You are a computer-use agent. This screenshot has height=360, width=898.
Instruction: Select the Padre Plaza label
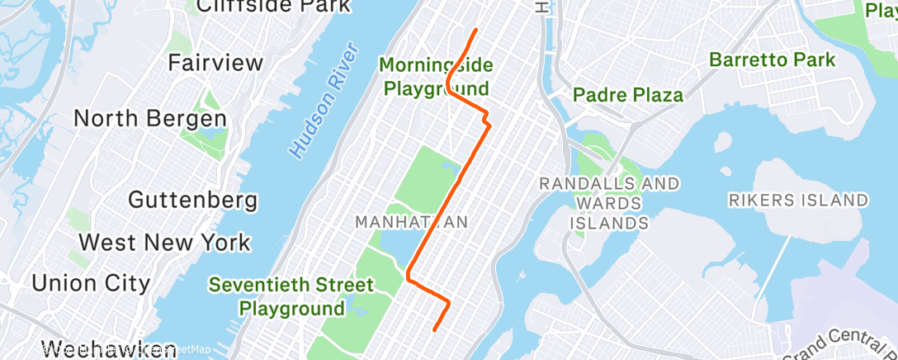pyautogui.click(x=628, y=95)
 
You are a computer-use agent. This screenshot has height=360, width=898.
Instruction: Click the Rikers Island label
pyautogui.click(x=798, y=200)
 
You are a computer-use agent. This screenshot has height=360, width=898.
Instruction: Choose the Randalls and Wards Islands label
pyautogui.click(x=609, y=202)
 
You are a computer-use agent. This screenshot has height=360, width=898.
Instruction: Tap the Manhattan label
pyautogui.click(x=411, y=222)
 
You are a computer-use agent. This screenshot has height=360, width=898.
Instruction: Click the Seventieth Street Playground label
pyautogui.click(x=291, y=296)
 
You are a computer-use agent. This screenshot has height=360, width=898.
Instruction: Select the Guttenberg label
pyautogui.click(x=193, y=201)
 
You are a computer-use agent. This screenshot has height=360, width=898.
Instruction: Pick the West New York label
pyautogui.click(x=164, y=243)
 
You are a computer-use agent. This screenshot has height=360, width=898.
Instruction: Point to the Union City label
pyautogui.click(x=91, y=282)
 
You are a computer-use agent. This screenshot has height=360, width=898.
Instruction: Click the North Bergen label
pyautogui.click(x=150, y=118)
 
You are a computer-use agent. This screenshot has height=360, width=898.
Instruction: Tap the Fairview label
pyautogui.click(x=215, y=63)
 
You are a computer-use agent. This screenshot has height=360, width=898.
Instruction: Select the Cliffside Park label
pyautogui.click(x=273, y=7)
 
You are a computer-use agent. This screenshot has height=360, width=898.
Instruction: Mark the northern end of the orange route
pyautogui.click(x=476, y=31)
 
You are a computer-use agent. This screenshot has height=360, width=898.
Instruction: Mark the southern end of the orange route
pyautogui.click(x=434, y=331)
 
